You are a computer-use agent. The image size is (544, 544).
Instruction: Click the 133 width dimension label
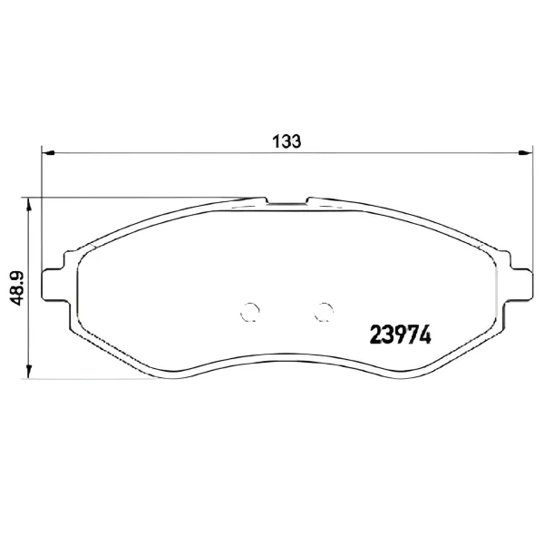(287, 142)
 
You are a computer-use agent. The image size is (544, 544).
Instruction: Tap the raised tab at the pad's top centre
(288, 200)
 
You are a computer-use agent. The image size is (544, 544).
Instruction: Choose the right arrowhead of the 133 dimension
(526, 153)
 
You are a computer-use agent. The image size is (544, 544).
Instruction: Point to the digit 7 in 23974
(407, 334)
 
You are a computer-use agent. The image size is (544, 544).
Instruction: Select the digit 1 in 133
(277, 142)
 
